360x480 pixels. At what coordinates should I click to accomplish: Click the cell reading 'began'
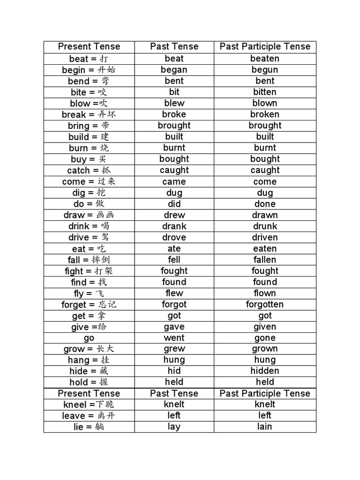click(x=174, y=70)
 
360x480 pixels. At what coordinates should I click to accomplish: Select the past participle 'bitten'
click(x=265, y=92)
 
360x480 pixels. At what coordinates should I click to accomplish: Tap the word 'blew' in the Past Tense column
click(x=174, y=103)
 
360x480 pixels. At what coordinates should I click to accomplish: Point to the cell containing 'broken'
click(x=265, y=114)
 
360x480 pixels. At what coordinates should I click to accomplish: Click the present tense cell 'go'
click(x=89, y=338)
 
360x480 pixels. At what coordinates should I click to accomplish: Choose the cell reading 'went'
click(x=174, y=338)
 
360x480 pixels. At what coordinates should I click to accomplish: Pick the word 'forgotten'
click(x=265, y=304)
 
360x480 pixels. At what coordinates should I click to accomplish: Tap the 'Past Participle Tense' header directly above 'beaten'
click(x=265, y=46)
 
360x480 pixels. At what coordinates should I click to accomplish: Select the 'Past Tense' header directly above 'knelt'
click(x=174, y=393)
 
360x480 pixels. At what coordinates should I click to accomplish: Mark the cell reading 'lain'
click(x=265, y=427)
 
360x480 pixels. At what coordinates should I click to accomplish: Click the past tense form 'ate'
click(x=174, y=248)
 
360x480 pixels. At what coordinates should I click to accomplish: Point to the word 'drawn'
click(x=265, y=215)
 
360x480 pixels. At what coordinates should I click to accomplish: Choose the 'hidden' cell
click(x=265, y=371)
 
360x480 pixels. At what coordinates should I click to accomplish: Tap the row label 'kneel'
click(x=75, y=405)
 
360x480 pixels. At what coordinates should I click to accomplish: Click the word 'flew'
click(x=174, y=293)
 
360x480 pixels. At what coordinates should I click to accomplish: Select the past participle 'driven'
click(x=265, y=237)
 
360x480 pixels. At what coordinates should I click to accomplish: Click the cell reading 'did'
click(x=174, y=204)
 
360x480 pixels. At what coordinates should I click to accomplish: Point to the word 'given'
click(x=265, y=327)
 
